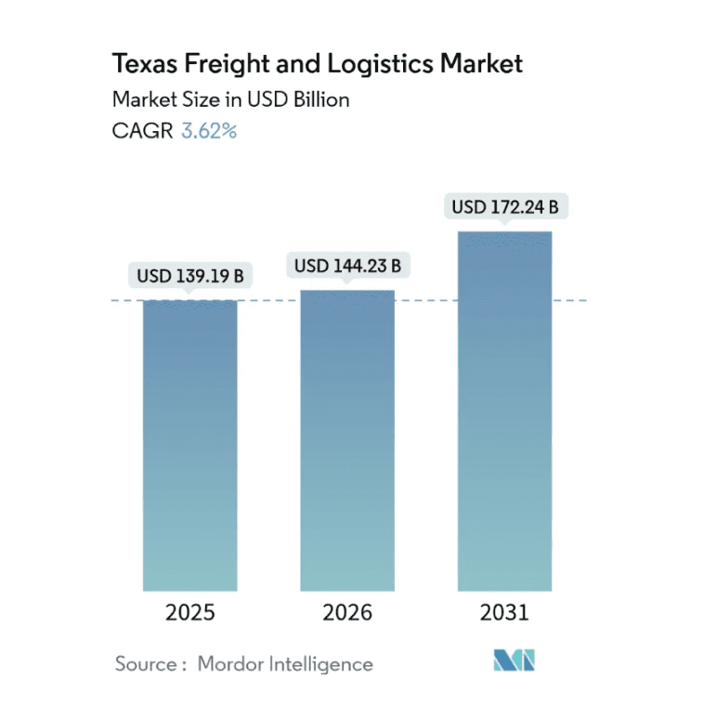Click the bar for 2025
189,445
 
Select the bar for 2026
347,440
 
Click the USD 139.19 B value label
189,276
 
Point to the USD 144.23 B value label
347,267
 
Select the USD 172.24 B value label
504,207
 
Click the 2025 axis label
189,613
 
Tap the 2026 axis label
347,613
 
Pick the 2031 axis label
504,613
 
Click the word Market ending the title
483,64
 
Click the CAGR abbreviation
142,131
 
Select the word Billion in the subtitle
319,98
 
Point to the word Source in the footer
147,663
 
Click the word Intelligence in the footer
319,663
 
